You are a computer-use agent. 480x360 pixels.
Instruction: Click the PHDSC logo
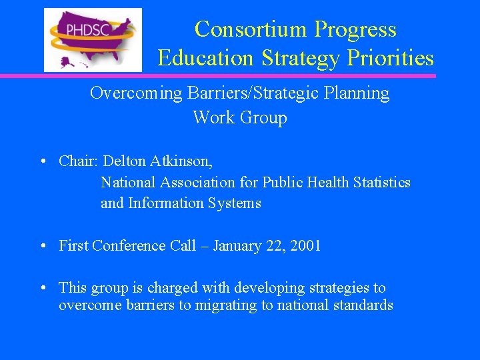click(93, 39)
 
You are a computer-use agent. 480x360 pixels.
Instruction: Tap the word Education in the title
click(206, 59)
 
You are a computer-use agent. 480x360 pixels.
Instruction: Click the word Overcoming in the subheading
click(135, 93)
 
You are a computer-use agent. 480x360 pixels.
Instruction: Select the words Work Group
click(240, 118)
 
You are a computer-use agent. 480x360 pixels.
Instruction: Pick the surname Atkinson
click(182, 161)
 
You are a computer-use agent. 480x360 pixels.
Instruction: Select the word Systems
click(235, 203)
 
